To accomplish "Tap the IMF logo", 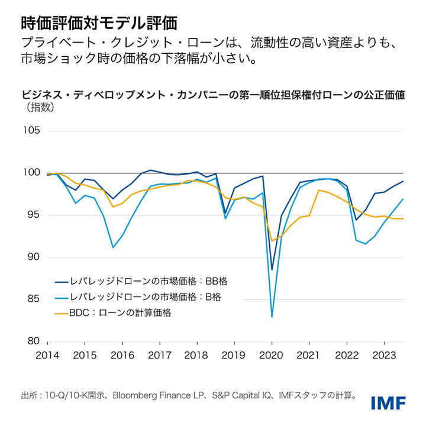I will pyautogui.click(x=389, y=402).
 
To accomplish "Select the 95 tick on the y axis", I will pyautogui.click(x=33, y=215).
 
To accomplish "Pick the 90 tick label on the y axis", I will pyautogui.click(x=33, y=257).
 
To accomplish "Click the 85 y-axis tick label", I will pyautogui.click(x=33, y=299).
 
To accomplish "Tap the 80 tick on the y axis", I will pyautogui.click(x=33, y=341).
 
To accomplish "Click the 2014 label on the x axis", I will pyautogui.click(x=47, y=355).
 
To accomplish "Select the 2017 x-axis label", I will pyautogui.click(x=159, y=355).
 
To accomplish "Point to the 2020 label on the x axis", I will pyautogui.click(x=272, y=355).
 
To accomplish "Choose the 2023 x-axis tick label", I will pyautogui.click(x=384, y=355).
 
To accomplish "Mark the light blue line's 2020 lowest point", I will pyautogui.click(x=272, y=317).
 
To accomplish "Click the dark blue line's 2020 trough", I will pyautogui.click(x=272, y=270).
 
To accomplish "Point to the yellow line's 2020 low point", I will pyautogui.click(x=272, y=240).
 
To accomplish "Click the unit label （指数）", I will pyautogui.click(x=41, y=107).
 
